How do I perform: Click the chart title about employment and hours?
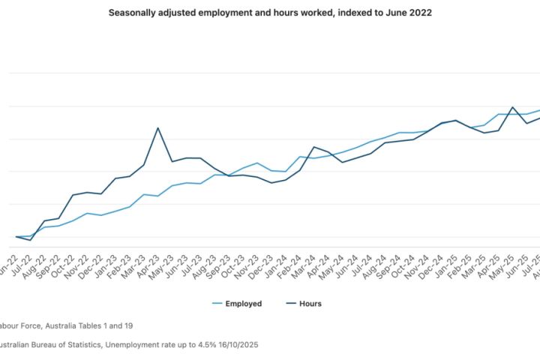click(x=270, y=13)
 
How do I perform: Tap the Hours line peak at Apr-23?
click(x=157, y=127)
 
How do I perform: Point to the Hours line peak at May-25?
click(x=512, y=107)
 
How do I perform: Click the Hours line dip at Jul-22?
click(x=30, y=240)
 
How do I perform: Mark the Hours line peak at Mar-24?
click(x=313, y=147)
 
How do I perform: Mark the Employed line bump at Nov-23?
click(x=257, y=163)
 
